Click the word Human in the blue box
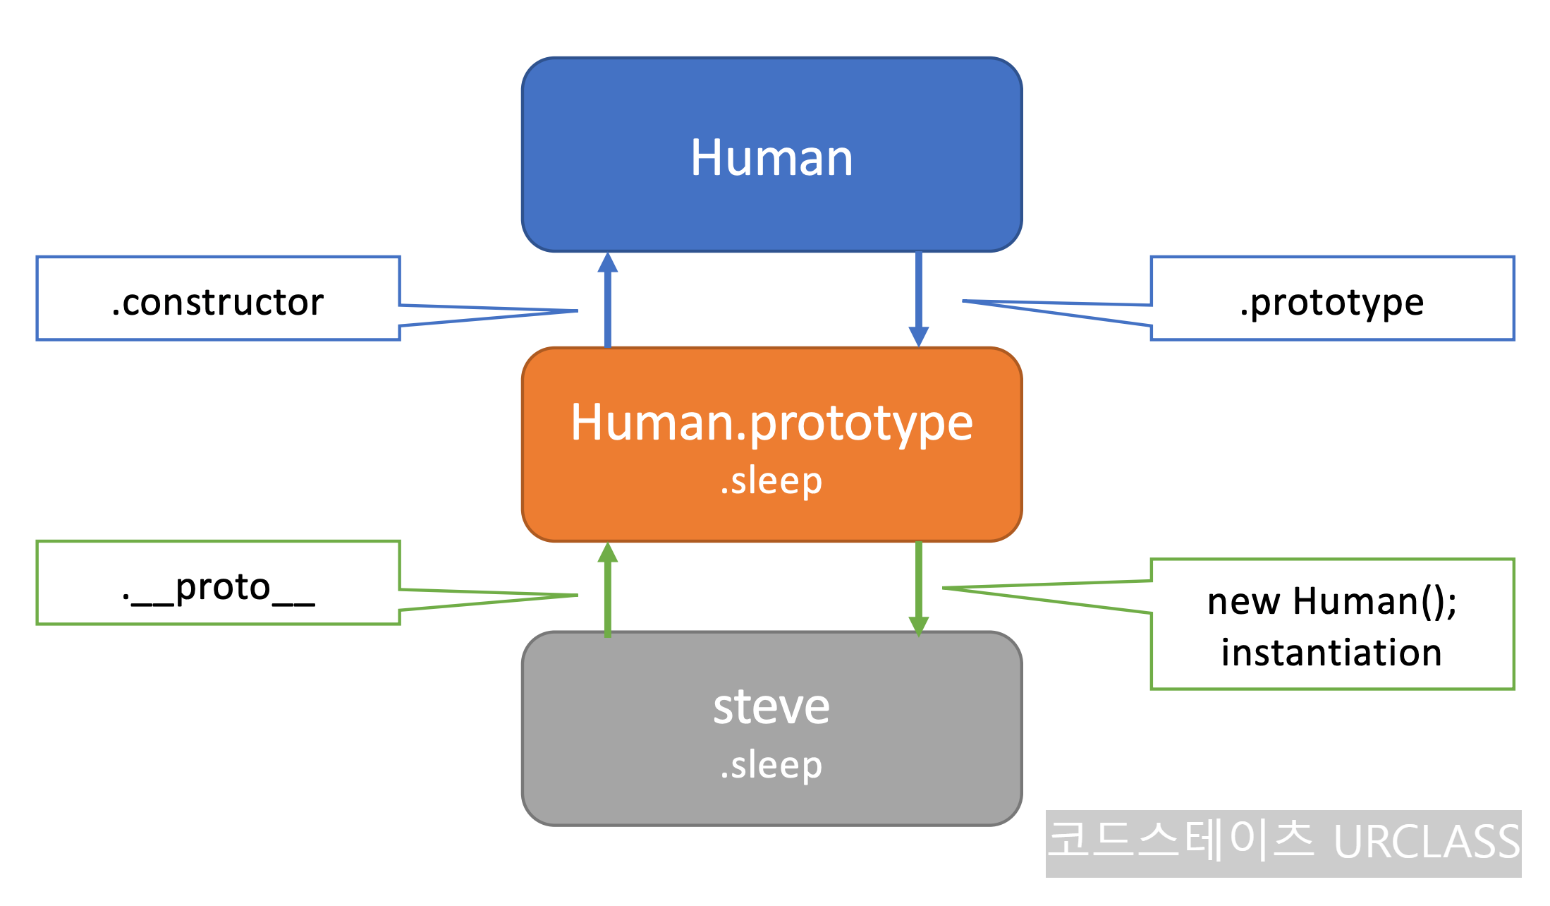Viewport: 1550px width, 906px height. pyautogui.click(x=771, y=157)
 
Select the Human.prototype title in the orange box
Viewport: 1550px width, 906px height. pyautogui.click(x=771, y=423)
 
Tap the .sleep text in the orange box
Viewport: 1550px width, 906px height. pyautogui.click(x=771, y=482)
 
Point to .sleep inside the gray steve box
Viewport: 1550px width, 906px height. pyautogui.click(x=771, y=766)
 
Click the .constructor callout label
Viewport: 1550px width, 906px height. pyautogui.click(x=218, y=302)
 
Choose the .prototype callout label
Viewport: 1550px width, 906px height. pyautogui.click(x=1332, y=302)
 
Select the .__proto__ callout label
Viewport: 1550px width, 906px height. pyautogui.click(x=218, y=587)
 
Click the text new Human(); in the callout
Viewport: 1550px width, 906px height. pyautogui.click(x=1332, y=601)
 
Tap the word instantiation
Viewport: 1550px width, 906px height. pyautogui.click(x=1332, y=653)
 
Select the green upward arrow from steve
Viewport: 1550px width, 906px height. pyautogui.click(x=608, y=590)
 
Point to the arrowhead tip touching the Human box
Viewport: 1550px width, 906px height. pyautogui.click(x=608, y=255)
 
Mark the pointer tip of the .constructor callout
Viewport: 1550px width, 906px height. pyautogui.click(x=576, y=310)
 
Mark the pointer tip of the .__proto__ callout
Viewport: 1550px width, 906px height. pyautogui.click(x=576, y=596)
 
